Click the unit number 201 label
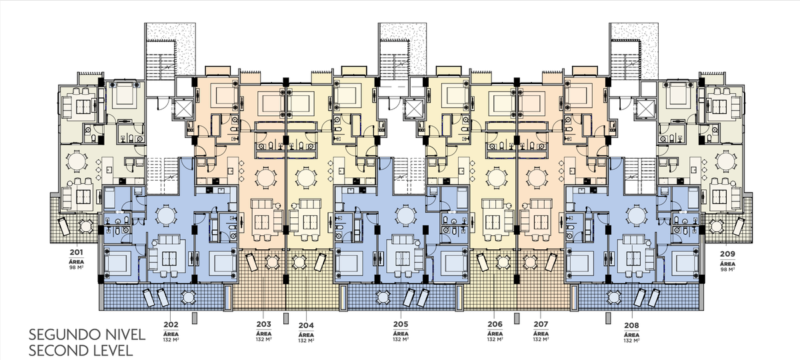coord(77,252)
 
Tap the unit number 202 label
coord(171,325)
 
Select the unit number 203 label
coord(263,324)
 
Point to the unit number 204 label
coord(306,325)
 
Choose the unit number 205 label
coord(401,324)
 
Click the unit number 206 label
coord(495,324)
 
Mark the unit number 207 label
coord(541,324)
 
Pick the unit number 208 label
coord(631,326)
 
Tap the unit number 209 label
coord(727,254)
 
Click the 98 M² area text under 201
coord(77,267)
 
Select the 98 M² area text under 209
coord(727,269)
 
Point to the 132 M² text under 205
coord(401,339)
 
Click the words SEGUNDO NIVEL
coord(87,335)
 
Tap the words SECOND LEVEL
coord(81,351)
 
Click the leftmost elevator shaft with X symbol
coord(183,108)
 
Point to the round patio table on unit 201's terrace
coord(85,226)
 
